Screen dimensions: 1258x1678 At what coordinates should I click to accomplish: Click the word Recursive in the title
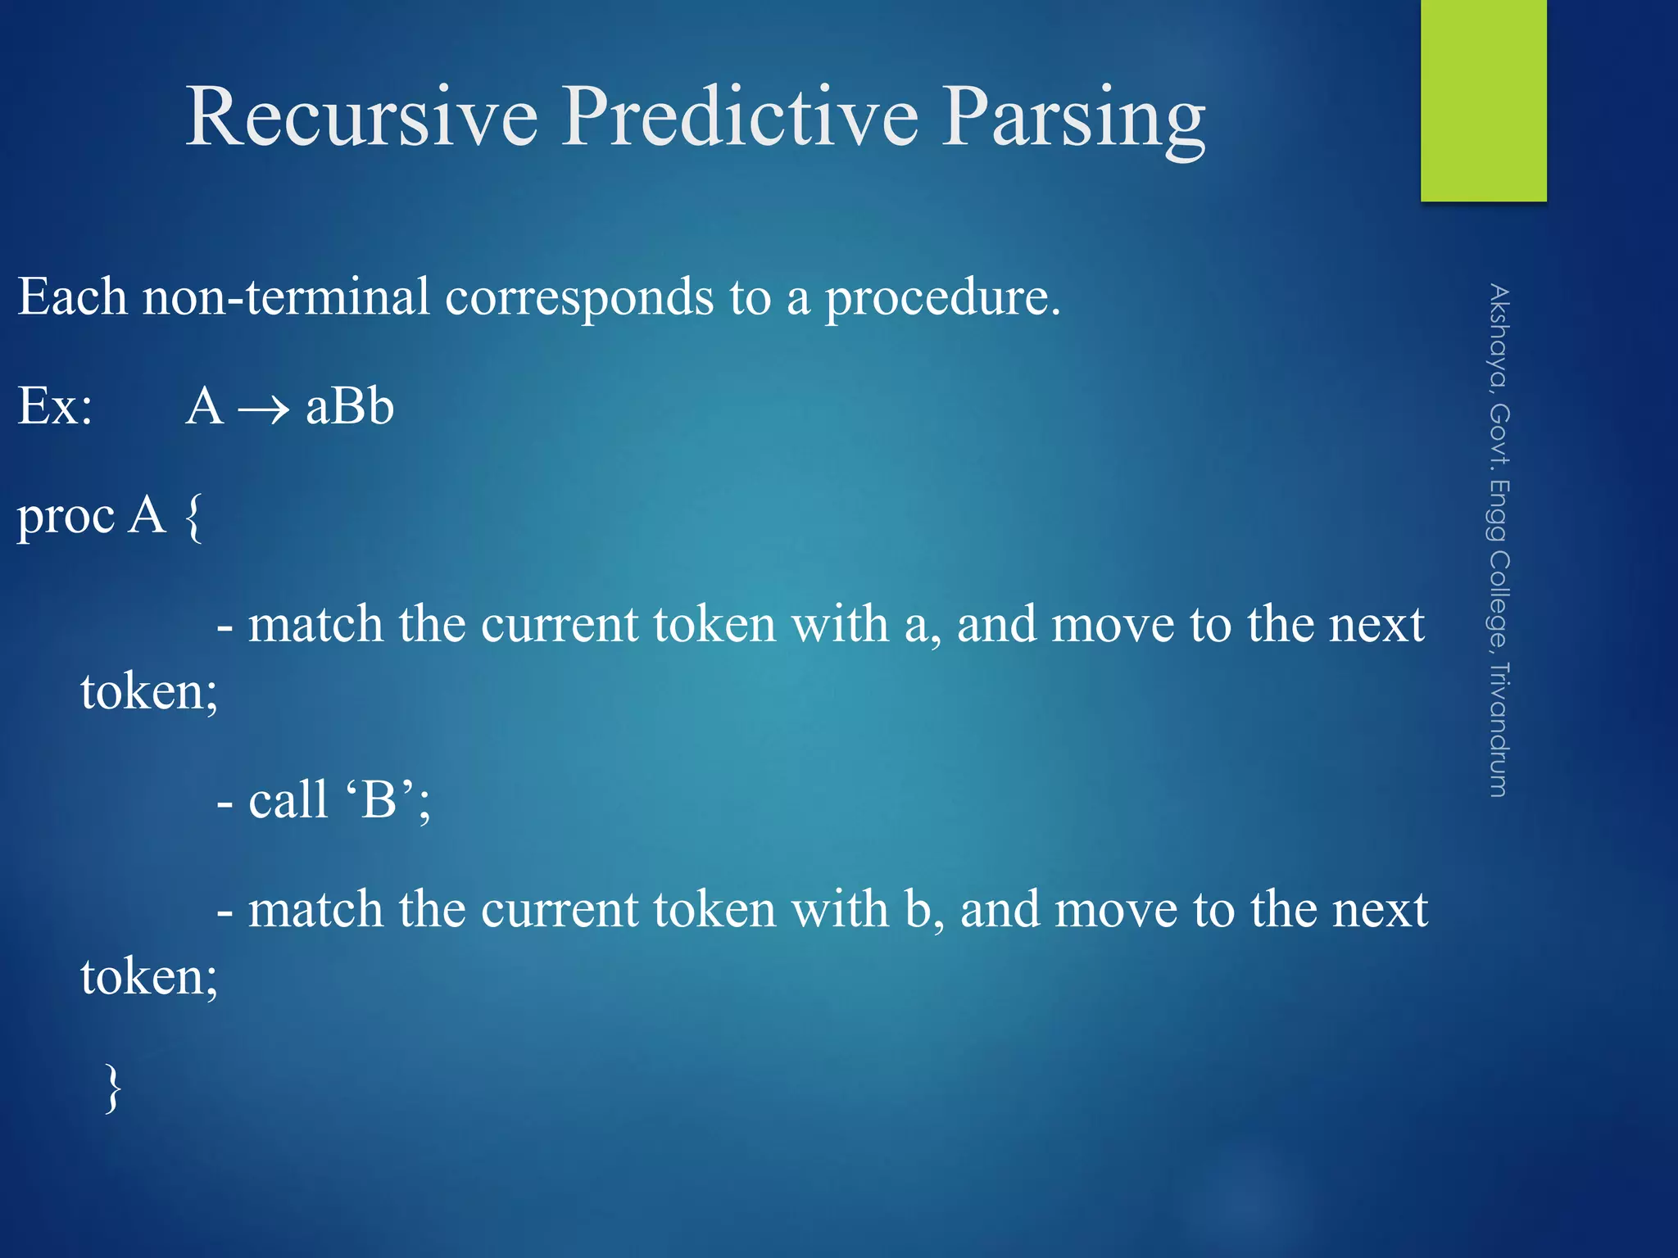[x=361, y=116]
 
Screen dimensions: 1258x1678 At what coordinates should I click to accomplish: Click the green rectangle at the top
[x=1483, y=100]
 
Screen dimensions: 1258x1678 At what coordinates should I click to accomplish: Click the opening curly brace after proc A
[x=193, y=518]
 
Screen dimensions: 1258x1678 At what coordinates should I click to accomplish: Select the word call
[x=288, y=799]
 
